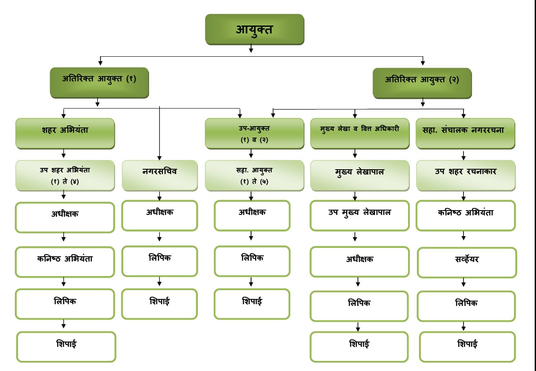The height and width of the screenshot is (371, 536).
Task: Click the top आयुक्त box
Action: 254,29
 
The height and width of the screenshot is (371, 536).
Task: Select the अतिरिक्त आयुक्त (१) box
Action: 99,82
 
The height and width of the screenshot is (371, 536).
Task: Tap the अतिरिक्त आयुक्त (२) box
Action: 422,83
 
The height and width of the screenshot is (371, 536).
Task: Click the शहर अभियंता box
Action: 65,133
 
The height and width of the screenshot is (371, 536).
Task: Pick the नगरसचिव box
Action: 159,175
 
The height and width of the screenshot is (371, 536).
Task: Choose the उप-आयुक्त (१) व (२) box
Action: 254,133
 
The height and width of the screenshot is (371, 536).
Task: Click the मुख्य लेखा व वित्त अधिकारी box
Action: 354,133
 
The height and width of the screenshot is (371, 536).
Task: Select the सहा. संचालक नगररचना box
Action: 465,133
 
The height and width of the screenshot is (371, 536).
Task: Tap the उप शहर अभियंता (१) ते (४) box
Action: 65,175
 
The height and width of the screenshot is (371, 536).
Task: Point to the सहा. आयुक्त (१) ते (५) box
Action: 254,175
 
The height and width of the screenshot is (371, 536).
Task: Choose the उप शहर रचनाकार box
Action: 466,175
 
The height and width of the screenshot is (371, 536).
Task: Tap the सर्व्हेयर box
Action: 467,262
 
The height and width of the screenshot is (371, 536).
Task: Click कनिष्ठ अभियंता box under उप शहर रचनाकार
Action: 466,215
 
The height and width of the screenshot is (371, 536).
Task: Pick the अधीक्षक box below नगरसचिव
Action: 159,215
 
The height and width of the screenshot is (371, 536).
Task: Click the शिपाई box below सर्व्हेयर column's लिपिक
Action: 467,347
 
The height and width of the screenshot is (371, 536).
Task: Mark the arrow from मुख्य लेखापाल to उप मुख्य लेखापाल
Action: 355,196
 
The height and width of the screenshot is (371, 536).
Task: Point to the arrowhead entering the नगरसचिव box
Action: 159,157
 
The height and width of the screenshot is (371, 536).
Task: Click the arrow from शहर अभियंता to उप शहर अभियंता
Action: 64,154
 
